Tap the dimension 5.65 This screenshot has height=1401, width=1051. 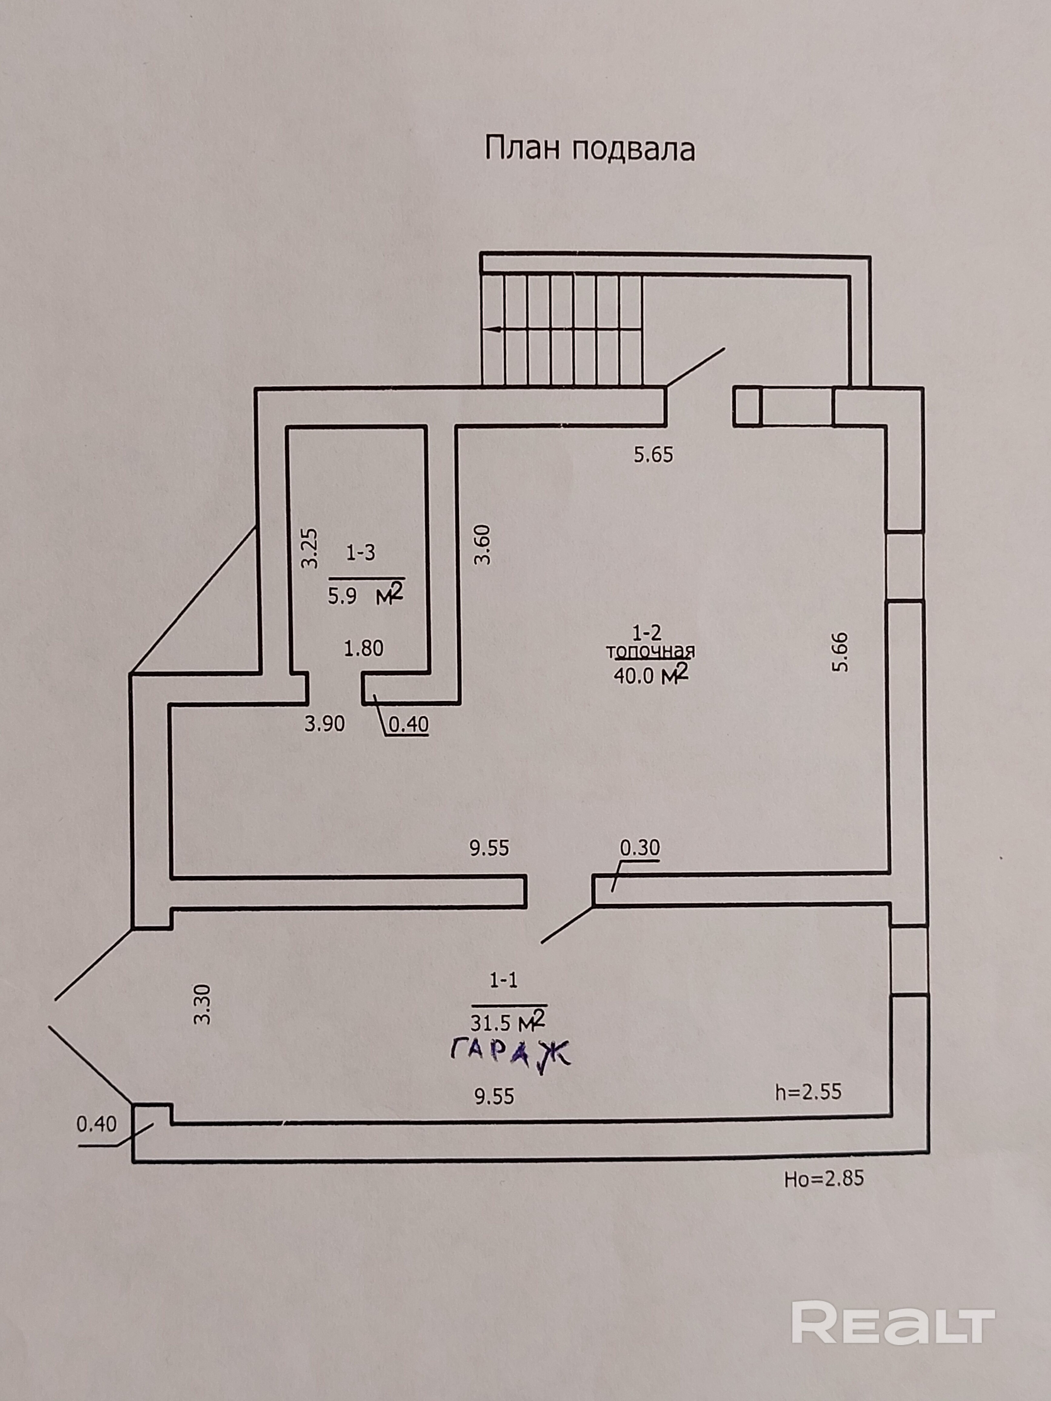653,455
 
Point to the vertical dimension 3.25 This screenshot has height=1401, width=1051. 309,548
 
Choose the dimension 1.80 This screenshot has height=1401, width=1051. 364,648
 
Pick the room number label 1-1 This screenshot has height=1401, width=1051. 503,980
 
